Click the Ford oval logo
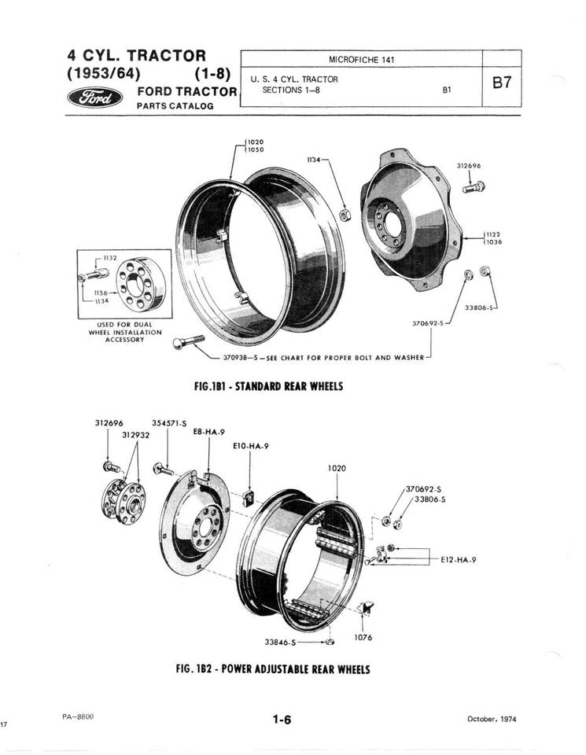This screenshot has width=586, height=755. coord(95,98)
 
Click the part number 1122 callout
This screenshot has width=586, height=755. coord(493,234)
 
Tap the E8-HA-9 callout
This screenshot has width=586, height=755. coord(208,432)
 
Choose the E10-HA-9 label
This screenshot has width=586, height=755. coord(252,446)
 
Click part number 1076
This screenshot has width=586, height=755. coord(363,638)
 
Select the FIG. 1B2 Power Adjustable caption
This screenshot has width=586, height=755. coord(274,668)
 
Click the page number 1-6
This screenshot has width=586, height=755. coord(282,720)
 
